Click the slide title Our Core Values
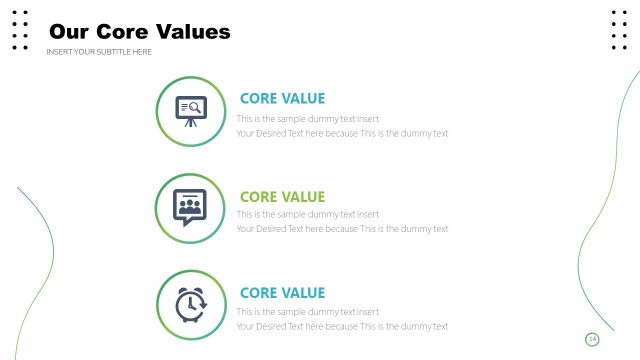click(x=140, y=32)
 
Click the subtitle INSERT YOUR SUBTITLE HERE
click(x=99, y=52)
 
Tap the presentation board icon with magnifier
click(x=190, y=110)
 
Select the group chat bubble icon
click(x=190, y=207)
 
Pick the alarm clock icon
click(x=190, y=304)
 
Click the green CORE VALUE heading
click(x=282, y=197)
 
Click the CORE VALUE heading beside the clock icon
click(x=282, y=293)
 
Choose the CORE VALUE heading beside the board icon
click(x=282, y=98)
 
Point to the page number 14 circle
click(x=592, y=340)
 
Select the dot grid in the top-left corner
click(x=20, y=29)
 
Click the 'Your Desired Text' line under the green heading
click(x=342, y=229)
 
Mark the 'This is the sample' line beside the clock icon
click(x=308, y=311)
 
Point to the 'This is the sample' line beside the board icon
click(x=308, y=117)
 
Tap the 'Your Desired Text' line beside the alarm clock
click(x=342, y=326)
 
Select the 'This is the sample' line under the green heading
click(x=308, y=214)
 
